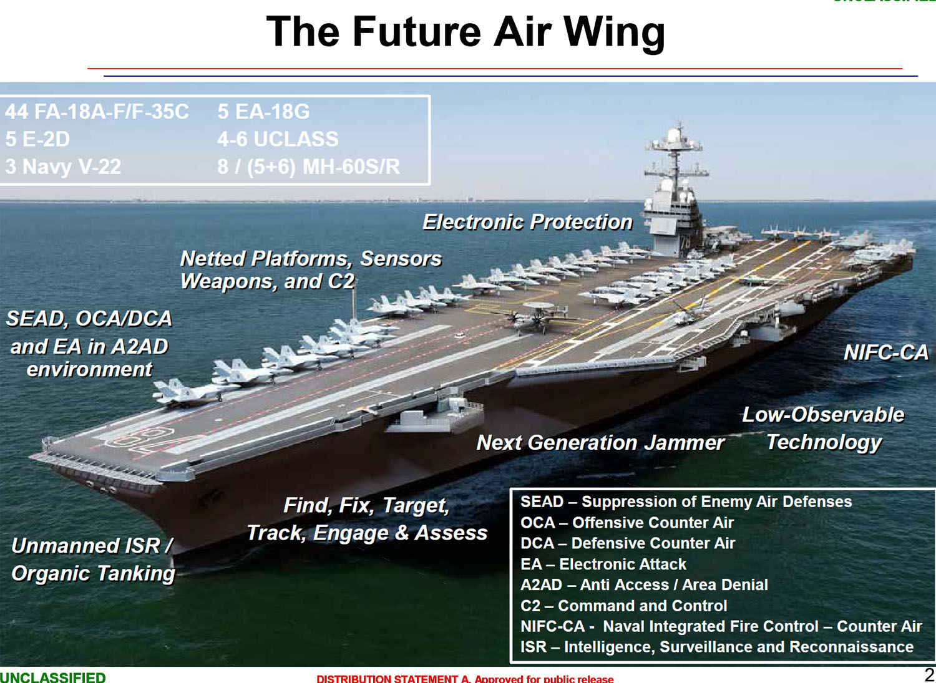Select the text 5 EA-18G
[x=263, y=112]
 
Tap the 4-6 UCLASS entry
[x=278, y=138]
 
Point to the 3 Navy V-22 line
[x=62, y=167]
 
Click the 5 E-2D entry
[x=37, y=139]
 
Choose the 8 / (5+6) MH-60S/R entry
[x=308, y=167]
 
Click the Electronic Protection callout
[x=527, y=222]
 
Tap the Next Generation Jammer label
[x=600, y=443]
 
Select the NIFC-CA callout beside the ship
[x=886, y=352]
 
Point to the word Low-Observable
[x=823, y=415]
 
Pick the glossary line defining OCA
[x=626, y=523]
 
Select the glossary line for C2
[x=623, y=606]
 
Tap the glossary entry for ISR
[x=716, y=647]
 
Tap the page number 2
[x=929, y=675]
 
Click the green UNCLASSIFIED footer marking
[x=52, y=677]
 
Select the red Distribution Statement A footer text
[x=465, y=679]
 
